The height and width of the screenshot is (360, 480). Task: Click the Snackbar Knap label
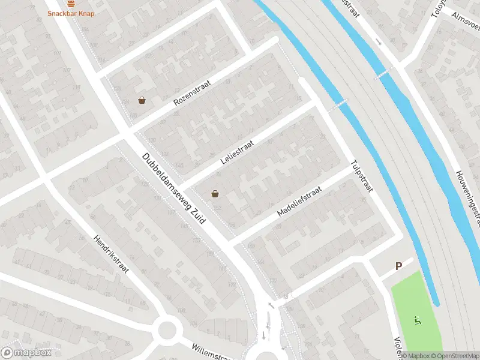pos(71,13)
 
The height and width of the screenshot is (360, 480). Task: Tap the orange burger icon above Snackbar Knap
pos(71,3)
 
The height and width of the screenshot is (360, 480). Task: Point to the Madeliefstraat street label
pos(299,202)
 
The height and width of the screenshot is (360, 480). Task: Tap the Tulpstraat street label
pos(362,175)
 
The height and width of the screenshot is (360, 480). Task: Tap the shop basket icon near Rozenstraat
pos(142,100)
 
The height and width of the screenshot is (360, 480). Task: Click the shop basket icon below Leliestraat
pos(215,194)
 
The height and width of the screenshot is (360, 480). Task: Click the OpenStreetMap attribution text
pos(454,355)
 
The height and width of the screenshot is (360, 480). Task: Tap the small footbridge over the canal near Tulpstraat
pos(338,105)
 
